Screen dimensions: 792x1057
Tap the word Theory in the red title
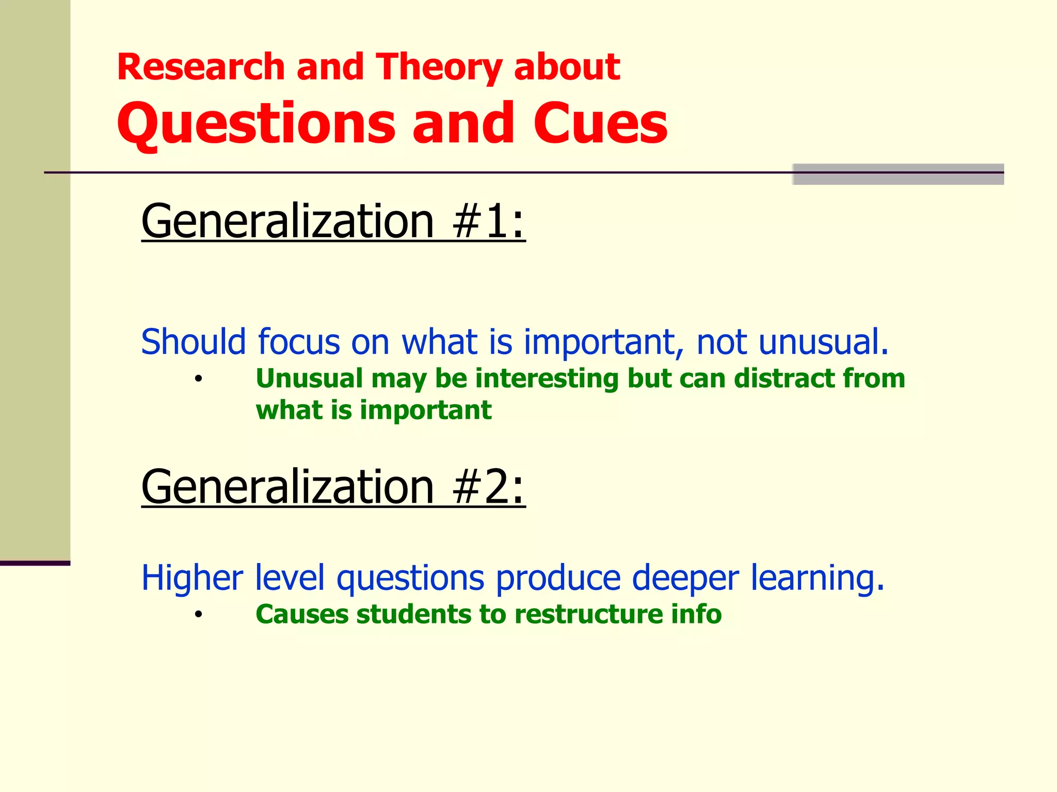click(x=439, y=68)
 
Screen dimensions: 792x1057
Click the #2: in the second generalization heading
click(x=488, y=487)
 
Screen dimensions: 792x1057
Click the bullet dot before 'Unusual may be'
click(x=198, y=379)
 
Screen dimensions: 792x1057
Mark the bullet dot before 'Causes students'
click(x=198, y=615)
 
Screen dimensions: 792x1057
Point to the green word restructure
click(x=588, y=614)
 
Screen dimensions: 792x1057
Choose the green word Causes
click(x=302, y=614)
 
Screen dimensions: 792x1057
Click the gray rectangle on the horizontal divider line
click(x=898, y=174)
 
